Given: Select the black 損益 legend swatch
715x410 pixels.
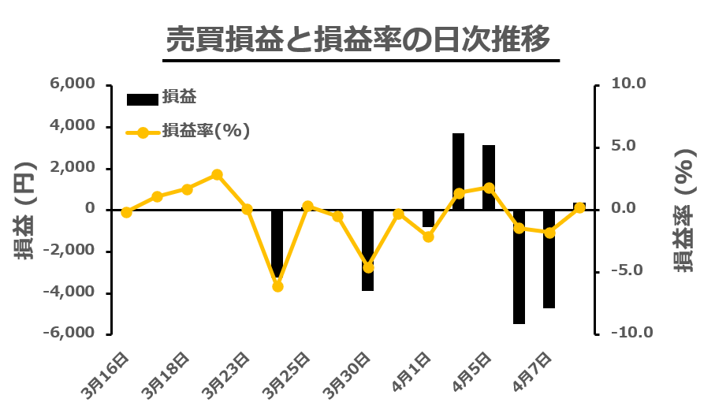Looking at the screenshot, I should (x=142, y=99).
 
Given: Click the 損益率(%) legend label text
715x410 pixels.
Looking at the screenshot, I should (x=206, y=132).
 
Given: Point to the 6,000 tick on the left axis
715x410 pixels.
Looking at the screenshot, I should (x=72, y=84).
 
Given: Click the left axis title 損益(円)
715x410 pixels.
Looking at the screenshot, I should (x=22, y=210).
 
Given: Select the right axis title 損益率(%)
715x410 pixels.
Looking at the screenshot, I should (x=685, y=210).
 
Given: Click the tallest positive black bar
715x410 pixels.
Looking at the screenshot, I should (x=458, y=171).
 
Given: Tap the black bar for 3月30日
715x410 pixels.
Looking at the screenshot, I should (x=367, y=250).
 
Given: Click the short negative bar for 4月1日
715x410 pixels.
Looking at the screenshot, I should (x=428, y=218).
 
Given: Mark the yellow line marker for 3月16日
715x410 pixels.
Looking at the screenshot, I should (x=126, y=212).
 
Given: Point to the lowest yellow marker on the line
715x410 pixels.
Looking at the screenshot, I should (x=277, y=286).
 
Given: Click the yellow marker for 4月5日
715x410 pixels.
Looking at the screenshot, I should (x=489, y=188).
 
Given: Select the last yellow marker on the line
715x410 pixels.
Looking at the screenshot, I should (x=579, y=208).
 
